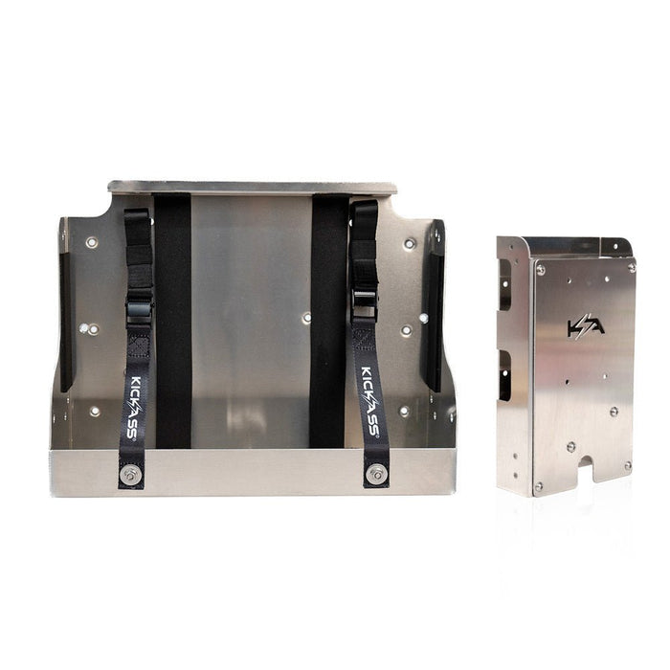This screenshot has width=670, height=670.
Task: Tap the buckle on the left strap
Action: click(138, 311)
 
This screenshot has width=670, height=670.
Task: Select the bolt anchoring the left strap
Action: click(130, 472)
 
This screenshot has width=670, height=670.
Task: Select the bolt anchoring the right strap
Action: click(376, 472)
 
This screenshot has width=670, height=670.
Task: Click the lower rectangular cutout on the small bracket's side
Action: click(503, 374)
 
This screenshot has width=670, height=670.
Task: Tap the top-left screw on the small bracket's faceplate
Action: click(540, 271)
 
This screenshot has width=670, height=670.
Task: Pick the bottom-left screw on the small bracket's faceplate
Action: click(539, 486)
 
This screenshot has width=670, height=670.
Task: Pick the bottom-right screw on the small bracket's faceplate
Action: click(628, 466)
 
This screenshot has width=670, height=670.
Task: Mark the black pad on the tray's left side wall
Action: click(65, 306)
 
